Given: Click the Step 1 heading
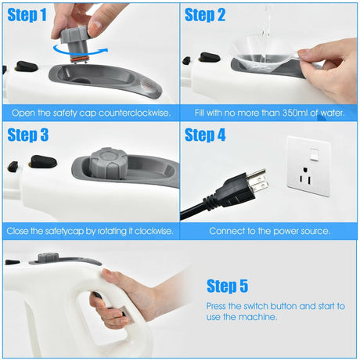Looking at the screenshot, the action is point(27,15).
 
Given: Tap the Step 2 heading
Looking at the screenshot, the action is point(205,15).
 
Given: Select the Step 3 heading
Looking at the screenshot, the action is point(28,135).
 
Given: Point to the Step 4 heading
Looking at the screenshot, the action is point(205,135).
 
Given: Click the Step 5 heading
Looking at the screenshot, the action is point(227,286).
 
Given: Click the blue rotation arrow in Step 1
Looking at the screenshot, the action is point(81,53).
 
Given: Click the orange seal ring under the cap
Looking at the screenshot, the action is point(80,59).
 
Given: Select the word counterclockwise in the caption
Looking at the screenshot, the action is point(135,113).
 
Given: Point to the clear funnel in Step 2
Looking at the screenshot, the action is point(264,55).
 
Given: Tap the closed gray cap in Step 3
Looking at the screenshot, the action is point(109,164).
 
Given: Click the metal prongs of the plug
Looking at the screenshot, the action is point(257,180).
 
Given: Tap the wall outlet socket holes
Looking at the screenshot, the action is point(304,177).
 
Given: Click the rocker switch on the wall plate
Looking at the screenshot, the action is point(314,154).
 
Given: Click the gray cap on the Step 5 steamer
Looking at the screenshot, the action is point(48,257).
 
